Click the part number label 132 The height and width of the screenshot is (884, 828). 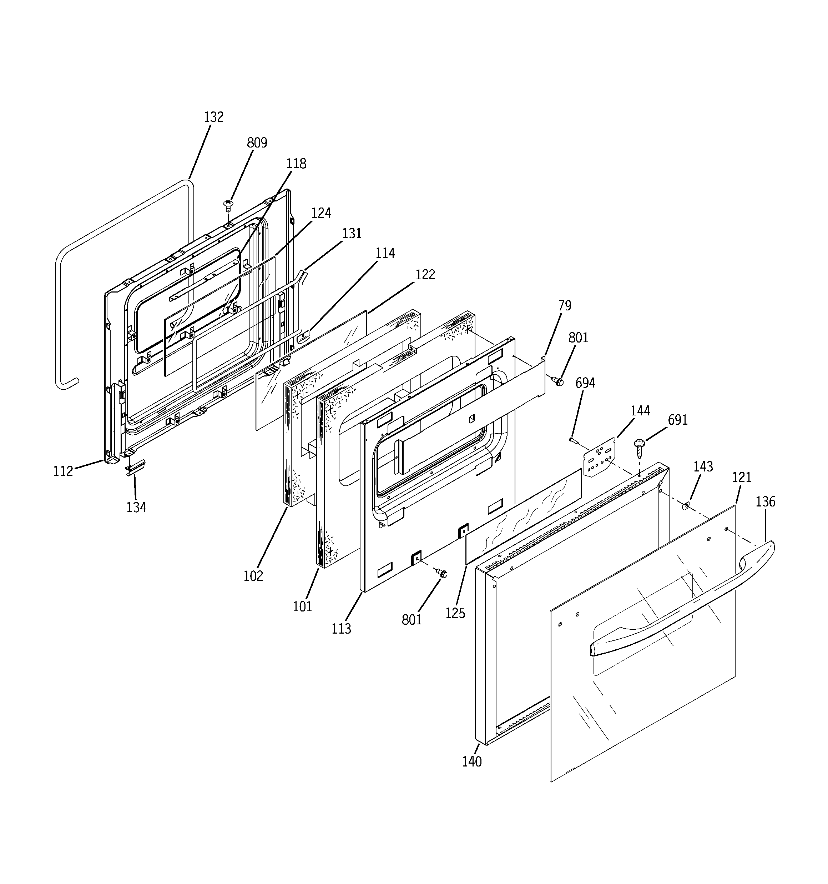213,117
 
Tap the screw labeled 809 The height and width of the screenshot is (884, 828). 228,205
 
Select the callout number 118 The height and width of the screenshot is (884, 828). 296,164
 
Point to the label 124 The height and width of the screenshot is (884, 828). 320,213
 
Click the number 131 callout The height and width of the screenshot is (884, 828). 352,234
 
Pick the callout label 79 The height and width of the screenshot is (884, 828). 565,305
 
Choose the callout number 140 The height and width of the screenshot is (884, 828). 471,762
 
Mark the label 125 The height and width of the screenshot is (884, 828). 455,613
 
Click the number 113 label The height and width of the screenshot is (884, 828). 341,628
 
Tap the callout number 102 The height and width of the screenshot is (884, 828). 253,576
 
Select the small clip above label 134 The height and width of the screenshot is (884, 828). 135,467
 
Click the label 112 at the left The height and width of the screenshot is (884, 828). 63,471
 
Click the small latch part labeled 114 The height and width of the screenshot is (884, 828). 303,338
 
